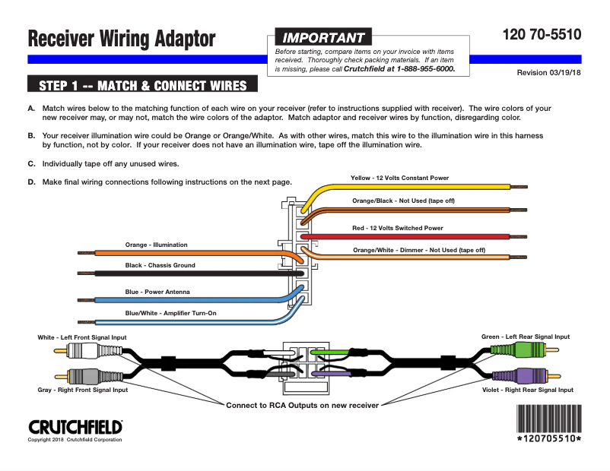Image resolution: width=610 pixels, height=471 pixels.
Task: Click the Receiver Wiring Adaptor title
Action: pyautogui.click(x=122, y=39)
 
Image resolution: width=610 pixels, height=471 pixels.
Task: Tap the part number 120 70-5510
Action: pyautogui.click(x=542, y=34)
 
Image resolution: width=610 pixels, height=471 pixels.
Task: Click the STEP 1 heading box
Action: pyautogui.click(x=142, y=84)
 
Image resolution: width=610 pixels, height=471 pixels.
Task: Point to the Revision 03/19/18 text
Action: pyautogui.click(x=548, y=73)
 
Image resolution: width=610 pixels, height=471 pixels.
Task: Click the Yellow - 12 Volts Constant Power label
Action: pyautogui.click(x=399, y=178)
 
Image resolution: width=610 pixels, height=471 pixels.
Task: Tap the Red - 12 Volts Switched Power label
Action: pyautogui.click(x=397, y=228)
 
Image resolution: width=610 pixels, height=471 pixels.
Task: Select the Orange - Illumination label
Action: pyautogui.click(x=156, y=245)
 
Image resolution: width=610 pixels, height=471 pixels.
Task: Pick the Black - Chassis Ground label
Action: pyautogui.click(x=160, y=265)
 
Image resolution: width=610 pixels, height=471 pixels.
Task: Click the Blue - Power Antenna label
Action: pyautogui.click(x=157, y=292)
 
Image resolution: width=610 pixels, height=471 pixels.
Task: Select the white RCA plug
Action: pyautogui.click(x=81, y=350)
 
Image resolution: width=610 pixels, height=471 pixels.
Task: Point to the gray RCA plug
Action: pyautogui.click(x=81, y=375)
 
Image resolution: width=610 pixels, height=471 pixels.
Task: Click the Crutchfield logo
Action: pyautogui.click(x=75, y=427)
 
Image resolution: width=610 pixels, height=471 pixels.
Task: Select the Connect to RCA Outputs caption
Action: pyautogui.click(x=302, y=405)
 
